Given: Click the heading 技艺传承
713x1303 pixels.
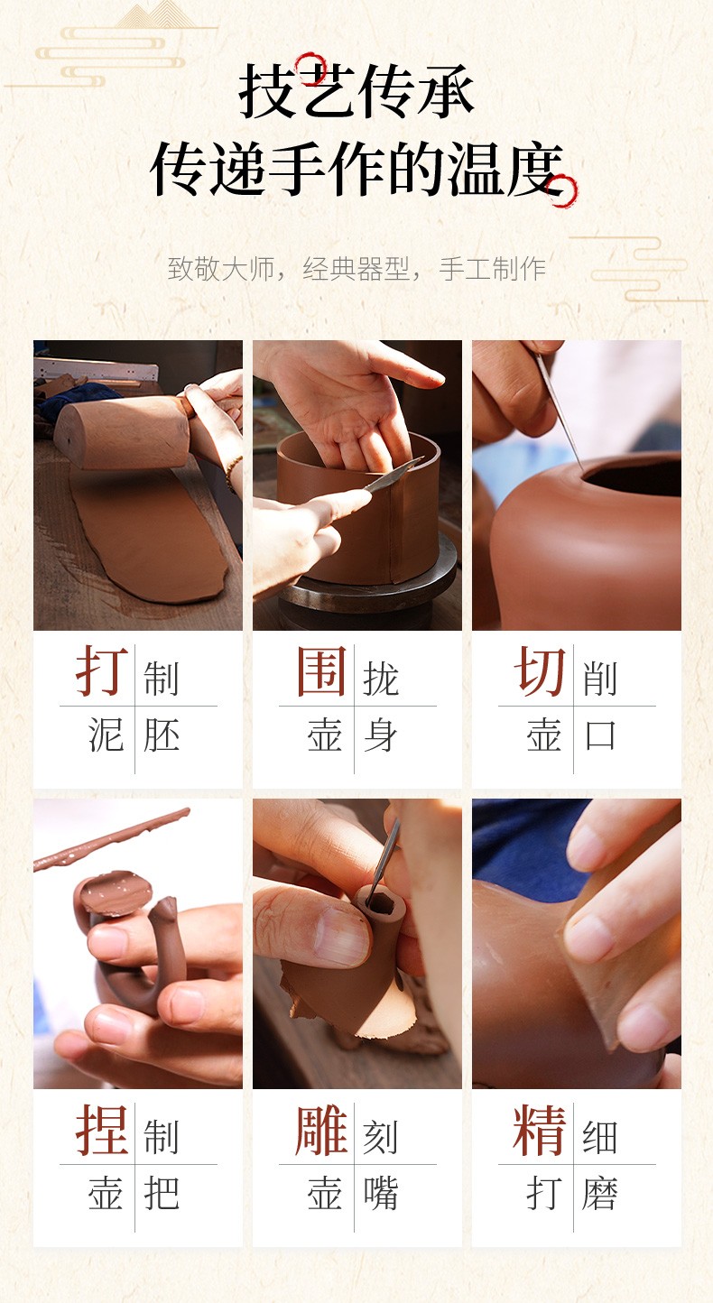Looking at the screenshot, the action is pyautogui.click(x=356, y=91).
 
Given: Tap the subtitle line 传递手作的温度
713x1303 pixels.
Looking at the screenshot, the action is pyautogui.click(x=356, y=169).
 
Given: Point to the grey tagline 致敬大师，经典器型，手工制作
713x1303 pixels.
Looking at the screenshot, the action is pyautogui.click(x=356, y=269).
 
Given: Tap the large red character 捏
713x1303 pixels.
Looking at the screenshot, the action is pyautogui.click(x=102, y=1130).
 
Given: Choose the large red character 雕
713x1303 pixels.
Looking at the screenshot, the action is pyautogui.click(x=321, y=1130).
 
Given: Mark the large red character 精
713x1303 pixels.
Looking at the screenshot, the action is pyautogui.click(x=540, y=1130).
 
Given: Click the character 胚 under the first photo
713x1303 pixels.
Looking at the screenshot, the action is pyautogui.click(x=162, y=735).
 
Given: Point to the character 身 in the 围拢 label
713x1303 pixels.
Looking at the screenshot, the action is pyautogui.click(x=381, y=735).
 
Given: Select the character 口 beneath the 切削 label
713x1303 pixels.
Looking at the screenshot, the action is pyautogui.click(x=600, y=735).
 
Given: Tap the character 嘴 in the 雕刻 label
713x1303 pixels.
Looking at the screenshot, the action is pyautogui.click(x=381, y=1193).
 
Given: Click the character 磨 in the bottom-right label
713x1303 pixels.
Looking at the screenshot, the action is pyautogui.click(x=600, y=1193).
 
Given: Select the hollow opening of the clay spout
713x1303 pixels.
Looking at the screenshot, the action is pyautogui.click(x=381, y=903).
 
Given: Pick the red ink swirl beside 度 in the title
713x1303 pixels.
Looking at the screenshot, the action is pyautogui.click(x=562, y=190).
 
